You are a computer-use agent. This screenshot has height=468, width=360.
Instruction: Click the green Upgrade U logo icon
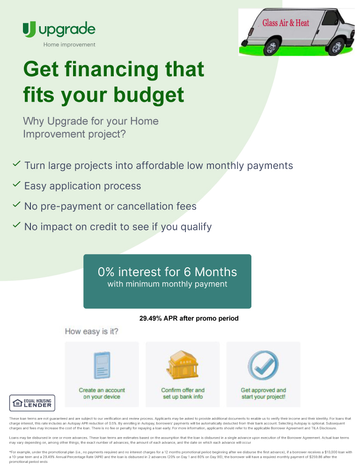click(x=29, y=29)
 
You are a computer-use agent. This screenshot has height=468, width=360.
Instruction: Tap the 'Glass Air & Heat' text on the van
click(x=286, y=23)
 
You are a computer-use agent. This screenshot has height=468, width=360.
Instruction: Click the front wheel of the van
click(x=337, y=47)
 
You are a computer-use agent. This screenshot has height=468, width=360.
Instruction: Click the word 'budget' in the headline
click(x=149, y=95)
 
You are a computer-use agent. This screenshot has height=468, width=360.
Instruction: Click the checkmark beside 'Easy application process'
click(x=16, y=184)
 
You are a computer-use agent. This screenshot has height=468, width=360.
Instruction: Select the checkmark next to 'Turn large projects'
click(x=16, y=163)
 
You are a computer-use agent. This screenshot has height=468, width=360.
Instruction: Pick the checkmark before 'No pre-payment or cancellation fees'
click(x=16, y=205)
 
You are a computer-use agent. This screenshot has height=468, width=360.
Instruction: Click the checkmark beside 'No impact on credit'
click(x=16, y=225)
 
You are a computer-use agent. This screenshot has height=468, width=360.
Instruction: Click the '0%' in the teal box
click(x=106, y=272)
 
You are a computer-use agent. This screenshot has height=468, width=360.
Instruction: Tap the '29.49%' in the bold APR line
click(x=150, y=318)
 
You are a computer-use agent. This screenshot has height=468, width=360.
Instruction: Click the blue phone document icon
click(x=102, y=366)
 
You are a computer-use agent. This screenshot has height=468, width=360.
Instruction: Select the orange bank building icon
click(x=183, y=365)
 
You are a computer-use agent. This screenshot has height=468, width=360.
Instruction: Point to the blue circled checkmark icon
click(x=263, y=366)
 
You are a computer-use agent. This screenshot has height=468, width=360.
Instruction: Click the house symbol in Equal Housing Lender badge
click(x=18, y=403)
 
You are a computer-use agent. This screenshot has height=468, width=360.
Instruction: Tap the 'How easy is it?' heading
click(x=92, y=332)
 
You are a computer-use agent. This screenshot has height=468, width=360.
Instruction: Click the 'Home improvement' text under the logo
click(x=69, y=44)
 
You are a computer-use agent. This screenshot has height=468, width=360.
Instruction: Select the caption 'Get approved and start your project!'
click(x=263, y=394)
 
